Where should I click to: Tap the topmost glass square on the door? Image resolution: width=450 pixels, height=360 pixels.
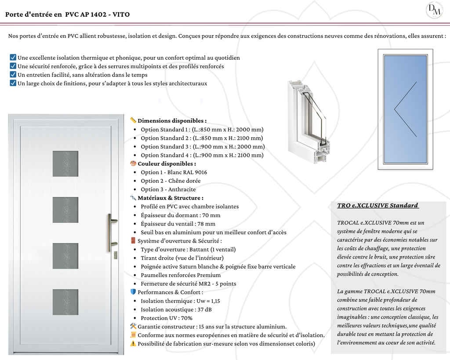[65, 164]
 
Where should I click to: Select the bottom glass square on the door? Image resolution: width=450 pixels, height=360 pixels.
[65, 302]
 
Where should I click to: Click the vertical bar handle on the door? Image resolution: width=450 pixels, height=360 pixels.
[110, 233]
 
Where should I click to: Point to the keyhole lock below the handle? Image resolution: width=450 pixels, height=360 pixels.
[115, 255]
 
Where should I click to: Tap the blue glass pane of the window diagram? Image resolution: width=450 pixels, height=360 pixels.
[405, 109]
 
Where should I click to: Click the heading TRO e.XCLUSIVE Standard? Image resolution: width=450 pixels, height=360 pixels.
[377, 206]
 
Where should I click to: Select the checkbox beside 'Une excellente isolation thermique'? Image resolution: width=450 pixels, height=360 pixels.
[13, 58]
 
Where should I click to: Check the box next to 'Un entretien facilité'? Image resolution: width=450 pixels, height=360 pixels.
[13, 75]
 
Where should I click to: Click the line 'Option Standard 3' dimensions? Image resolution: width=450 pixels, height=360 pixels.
[203, 147]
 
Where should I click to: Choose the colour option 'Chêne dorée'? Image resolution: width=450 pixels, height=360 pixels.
[171, 181]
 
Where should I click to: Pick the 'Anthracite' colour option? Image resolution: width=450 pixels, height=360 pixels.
[168, 189]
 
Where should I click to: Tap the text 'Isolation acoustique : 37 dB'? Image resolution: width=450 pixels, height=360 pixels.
[176, 309]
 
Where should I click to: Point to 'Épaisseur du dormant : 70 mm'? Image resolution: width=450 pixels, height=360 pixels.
[180, 215]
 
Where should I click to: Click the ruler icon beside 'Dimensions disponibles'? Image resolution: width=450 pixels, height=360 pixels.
[133, 120]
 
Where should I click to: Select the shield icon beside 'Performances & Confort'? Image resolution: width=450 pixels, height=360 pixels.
[133, 292]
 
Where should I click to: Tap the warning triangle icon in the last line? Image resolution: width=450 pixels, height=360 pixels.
[133, 344]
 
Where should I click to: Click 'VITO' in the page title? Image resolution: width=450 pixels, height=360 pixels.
[121, 15]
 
